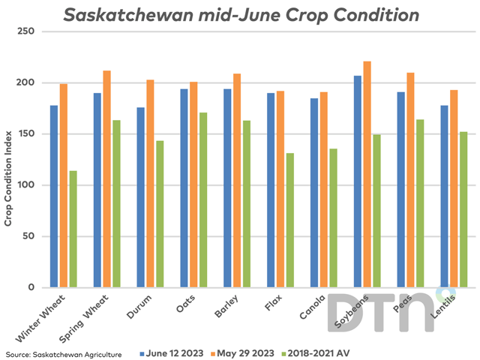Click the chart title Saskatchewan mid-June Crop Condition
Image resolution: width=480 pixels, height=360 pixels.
pos(240,15)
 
